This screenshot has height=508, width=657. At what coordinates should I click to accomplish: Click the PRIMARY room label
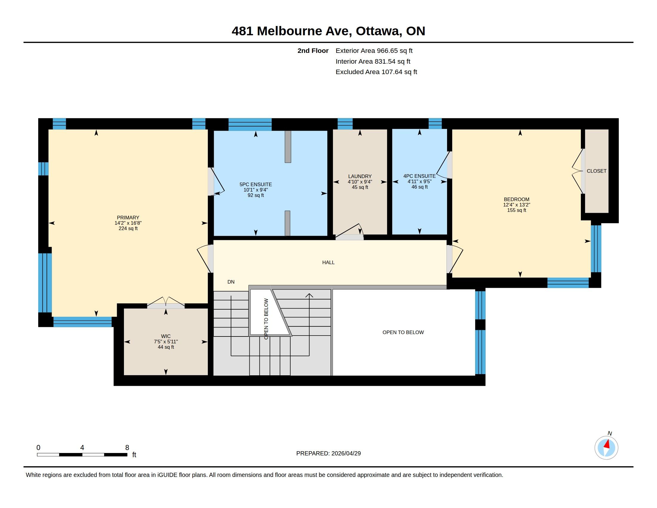[128, 218]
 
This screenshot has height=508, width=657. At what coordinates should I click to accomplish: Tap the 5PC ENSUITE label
[256, 184]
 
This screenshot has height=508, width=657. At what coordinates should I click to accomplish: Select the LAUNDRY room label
[360, 176]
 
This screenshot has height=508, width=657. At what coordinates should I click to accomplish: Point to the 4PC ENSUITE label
[419, 176]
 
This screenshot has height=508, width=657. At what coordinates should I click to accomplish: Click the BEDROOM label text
[517, 199]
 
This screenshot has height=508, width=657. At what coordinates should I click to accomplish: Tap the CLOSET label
[597, 171]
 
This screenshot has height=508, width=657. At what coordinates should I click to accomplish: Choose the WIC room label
[166, 336]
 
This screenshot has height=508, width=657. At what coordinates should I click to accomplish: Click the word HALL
[328, 262]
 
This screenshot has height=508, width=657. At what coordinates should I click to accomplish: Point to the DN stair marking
[231, 282]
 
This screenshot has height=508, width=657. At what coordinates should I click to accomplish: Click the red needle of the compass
[607, 444]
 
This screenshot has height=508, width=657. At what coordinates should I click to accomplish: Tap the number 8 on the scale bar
[127, 448]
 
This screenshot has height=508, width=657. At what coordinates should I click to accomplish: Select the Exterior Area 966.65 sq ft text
[374, 51]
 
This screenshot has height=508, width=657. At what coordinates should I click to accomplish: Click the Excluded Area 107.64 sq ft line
[376, 72]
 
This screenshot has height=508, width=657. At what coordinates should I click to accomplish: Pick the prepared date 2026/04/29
[346, 453]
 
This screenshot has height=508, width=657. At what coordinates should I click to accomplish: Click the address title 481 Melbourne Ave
[290, 31]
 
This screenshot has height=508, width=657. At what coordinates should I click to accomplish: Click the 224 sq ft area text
[128, 229]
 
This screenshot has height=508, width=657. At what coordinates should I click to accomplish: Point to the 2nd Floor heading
[313, 51]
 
